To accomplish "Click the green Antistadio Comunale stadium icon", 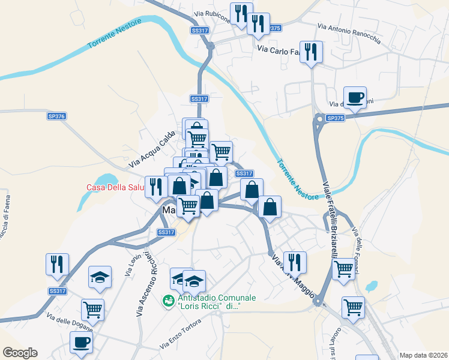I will (169, 299).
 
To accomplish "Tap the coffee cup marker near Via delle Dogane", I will (81, 342).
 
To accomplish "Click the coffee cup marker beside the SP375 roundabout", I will (355, 97).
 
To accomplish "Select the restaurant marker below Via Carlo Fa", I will (311, 52).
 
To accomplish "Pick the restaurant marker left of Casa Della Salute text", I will (156, 186).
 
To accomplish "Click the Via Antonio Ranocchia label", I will (349, 34).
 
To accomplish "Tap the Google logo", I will (20, 353).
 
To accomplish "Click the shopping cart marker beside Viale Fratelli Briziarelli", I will (343, 268).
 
